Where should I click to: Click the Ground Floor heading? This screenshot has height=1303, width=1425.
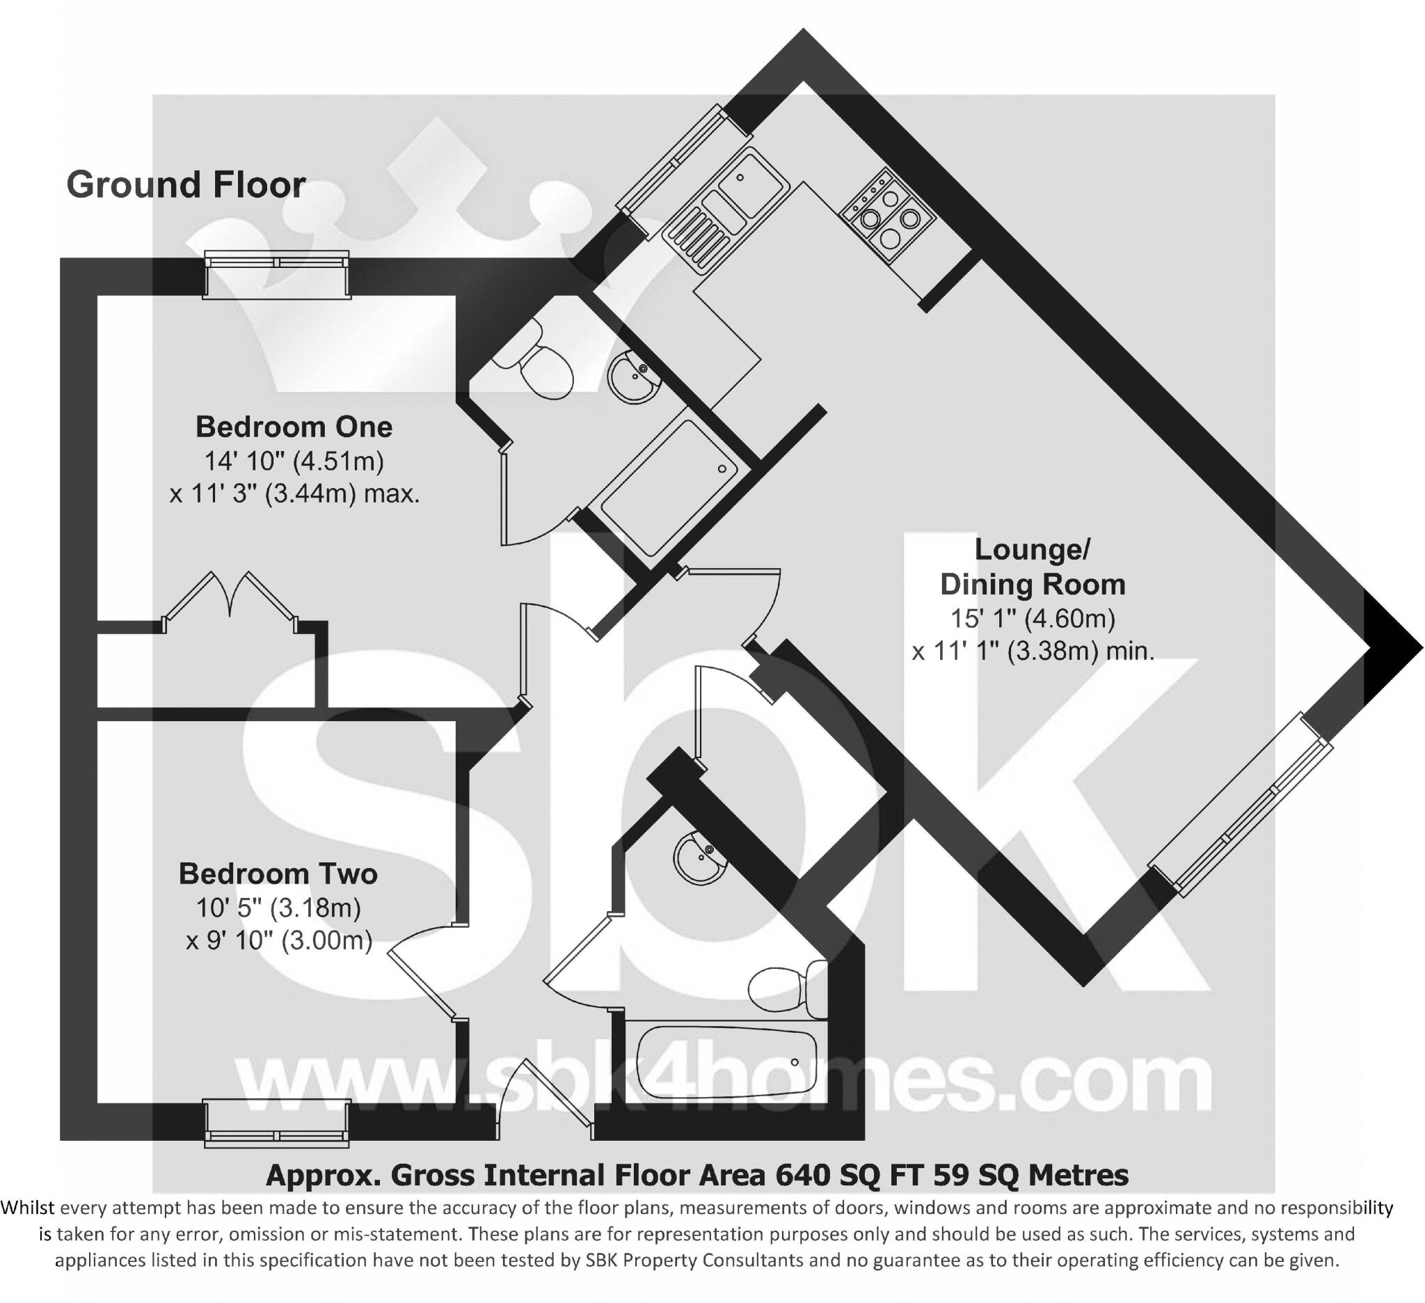pos(186,185)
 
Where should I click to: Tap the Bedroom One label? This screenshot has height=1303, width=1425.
pos(294,427)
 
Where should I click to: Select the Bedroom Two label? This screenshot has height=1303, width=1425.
pos(278,874)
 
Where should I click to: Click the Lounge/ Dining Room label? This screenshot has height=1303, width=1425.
pos(1033,567)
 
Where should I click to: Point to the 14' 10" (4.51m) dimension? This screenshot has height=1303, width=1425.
pos(294,461)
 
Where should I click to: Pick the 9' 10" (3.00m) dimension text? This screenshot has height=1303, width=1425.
pos(278,940)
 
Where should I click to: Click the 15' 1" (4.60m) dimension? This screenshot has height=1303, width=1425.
pos(1033,619)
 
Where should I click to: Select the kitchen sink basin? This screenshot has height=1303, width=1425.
pos(753,181)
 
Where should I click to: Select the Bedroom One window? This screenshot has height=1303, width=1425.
pos(276,274)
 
